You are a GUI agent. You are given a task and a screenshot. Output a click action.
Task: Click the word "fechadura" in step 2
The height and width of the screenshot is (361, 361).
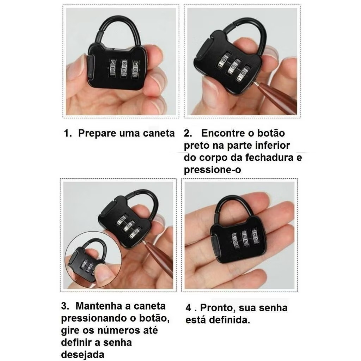point(269,158)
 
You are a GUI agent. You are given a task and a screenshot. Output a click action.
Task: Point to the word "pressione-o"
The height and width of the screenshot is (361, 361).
point(212,170)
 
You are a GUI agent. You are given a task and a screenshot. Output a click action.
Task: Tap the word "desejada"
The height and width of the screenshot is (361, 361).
point(82,355)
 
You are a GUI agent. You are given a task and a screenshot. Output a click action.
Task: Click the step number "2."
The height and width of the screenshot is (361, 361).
point(188,133)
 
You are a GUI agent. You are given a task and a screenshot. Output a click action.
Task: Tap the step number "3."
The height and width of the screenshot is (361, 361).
point(65,306)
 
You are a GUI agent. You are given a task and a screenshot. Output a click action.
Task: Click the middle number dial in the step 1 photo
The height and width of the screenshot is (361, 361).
point(124,68)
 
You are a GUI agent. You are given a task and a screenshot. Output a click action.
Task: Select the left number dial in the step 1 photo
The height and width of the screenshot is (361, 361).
point(113,67)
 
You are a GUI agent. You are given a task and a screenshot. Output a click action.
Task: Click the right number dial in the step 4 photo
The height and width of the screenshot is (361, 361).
point(255,236)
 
